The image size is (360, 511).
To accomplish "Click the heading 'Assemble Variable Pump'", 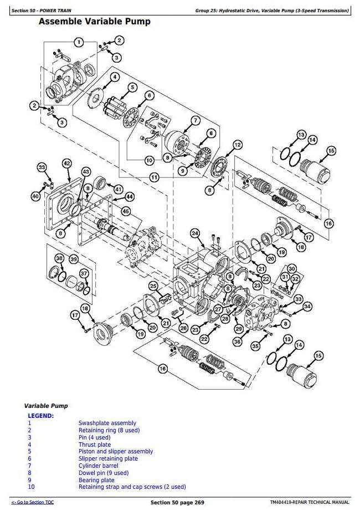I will [94, 22].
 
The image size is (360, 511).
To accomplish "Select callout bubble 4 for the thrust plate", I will [114, 76].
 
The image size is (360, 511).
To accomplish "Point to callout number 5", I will [132, 87].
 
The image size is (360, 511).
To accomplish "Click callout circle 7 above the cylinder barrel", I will [195, 120].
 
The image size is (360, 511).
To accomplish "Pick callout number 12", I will [237, 145].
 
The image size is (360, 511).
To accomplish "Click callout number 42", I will [66, 163].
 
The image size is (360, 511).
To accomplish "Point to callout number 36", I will [237, 342].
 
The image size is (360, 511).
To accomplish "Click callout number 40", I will [35, 196].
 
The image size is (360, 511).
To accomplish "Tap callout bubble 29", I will [239, 329].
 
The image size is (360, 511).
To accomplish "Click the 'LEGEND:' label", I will [41, 415].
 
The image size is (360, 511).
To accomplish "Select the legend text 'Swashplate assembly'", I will [107, 423].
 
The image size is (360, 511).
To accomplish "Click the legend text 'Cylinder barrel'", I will [98, 466].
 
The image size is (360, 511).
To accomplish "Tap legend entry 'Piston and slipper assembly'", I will [115, 451].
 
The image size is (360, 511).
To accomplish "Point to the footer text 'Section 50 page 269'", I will [177, 502].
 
